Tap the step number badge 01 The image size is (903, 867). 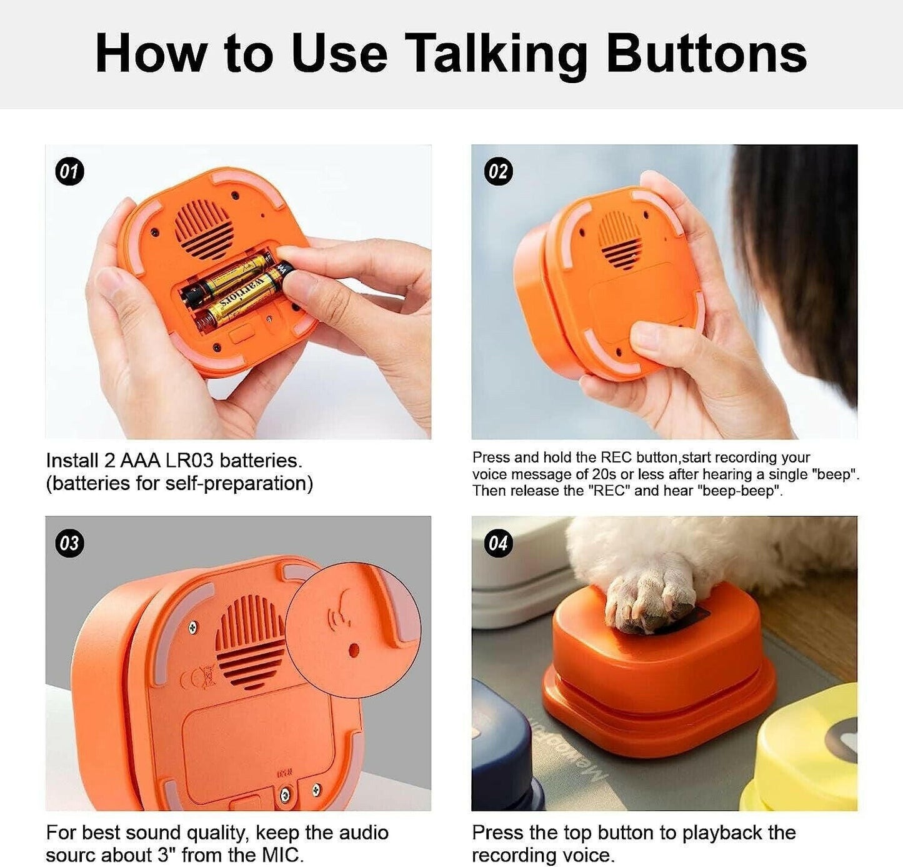70,171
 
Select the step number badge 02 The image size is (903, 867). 498,171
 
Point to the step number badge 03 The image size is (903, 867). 70,543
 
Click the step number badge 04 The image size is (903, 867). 498,543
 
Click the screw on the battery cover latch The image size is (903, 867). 285,794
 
